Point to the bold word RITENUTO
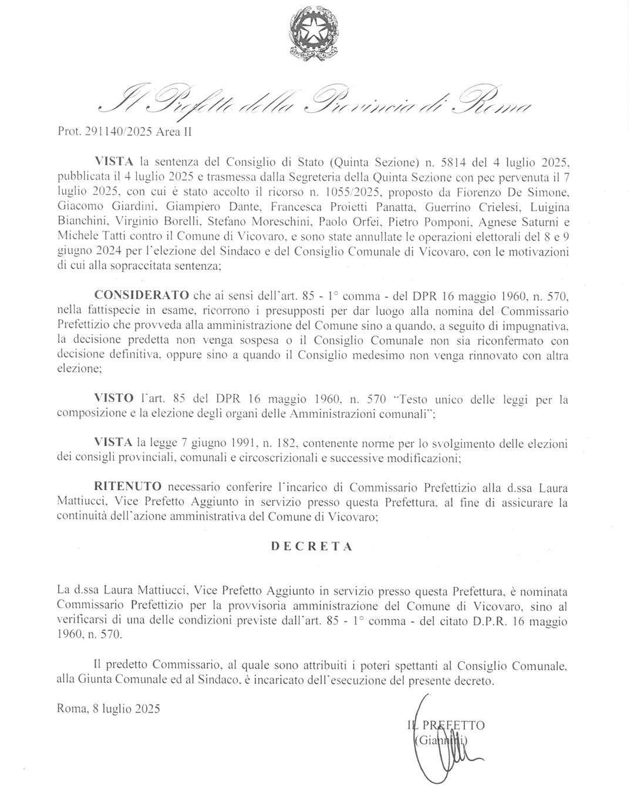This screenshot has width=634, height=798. click(128, 487)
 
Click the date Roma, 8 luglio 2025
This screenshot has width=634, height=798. click(109, 709)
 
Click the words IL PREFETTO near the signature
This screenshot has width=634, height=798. click(446, 725)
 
